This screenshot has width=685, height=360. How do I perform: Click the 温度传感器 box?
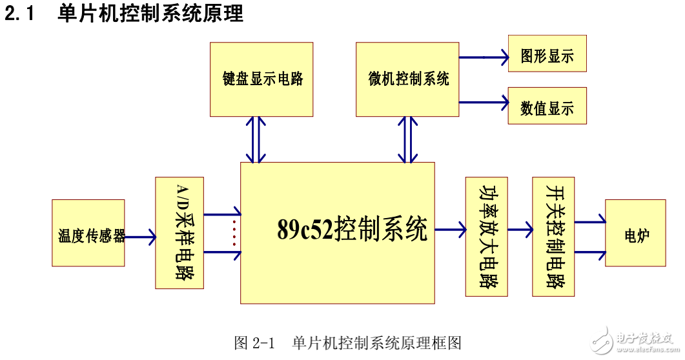[x=88, y=233]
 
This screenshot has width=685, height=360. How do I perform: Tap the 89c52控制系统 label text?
[x=352, y=230]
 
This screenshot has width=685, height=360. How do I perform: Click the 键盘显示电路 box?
[x=261, y=79]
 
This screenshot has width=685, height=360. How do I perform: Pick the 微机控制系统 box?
[x=408, y=79]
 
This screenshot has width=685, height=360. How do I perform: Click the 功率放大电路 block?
[x=486, y=237]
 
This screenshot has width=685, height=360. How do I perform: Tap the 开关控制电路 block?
[x=553, y=237]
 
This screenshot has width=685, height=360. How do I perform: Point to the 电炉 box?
[x=635, y=233]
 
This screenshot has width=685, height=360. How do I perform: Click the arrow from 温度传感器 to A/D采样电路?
[x=140, y=237]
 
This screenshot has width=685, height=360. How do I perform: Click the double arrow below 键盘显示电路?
[x=256, y=139]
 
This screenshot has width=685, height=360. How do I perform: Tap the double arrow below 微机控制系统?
[x=407, y=139]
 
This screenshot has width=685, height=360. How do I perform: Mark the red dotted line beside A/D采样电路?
[x=234, y=232]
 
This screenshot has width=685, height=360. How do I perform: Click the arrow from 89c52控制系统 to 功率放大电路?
[x=451, y=228]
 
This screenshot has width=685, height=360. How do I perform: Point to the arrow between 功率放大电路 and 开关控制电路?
[x=520, y=229]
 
